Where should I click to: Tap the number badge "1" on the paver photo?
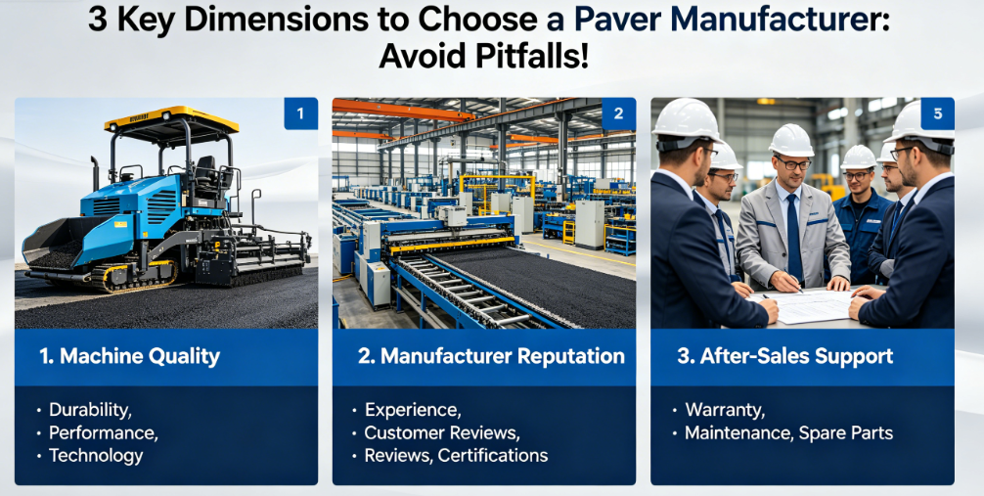tap(300, 113)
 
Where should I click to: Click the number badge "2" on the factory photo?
tap(619, 113)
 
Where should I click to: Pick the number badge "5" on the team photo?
tap(938, 113)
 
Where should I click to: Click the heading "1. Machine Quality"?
tap(129, 357)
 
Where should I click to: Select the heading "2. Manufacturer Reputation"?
tap(491, 357)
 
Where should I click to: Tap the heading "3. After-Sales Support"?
tap(785, 357)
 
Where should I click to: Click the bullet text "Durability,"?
tap(90, 410)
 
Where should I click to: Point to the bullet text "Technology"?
tap(96, 456)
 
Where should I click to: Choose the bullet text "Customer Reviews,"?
tap(442, 432)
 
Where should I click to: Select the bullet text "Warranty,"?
tap(725, 411)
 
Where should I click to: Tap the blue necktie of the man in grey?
tap(794, 236)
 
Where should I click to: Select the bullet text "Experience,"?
tap(413, 410)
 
